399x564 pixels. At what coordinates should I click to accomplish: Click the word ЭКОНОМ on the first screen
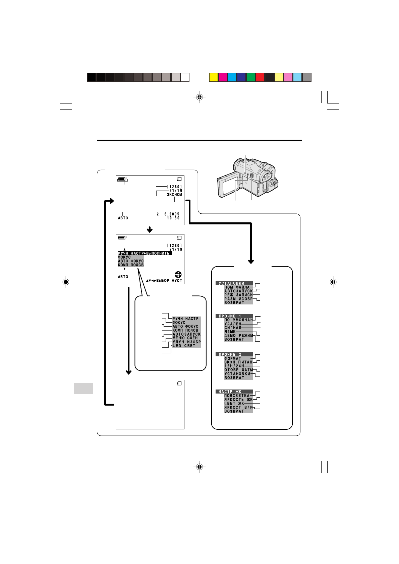(174, 195)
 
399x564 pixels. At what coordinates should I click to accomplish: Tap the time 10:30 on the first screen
(173, 218)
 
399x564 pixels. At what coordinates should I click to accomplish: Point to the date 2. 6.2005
(168, 214)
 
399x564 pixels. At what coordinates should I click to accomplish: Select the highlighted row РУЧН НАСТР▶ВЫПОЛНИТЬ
(145, 254)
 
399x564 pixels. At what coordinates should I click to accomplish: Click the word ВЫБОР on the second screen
(163, 281)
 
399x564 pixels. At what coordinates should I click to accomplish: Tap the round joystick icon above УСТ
(178, 275)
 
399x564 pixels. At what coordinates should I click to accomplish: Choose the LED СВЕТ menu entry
(184, 346)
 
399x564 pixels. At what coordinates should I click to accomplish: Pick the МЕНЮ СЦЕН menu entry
(185, 338)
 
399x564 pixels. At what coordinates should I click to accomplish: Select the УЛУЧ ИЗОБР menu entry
(186, 342)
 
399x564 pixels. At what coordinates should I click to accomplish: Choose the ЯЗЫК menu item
(230, 332)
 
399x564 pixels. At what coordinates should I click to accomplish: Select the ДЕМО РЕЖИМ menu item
(239, 336)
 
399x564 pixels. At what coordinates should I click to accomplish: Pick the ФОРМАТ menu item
(233, 358)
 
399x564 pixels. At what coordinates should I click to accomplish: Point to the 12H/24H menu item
(234, 366)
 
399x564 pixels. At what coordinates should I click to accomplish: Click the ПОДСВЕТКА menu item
(237, 396)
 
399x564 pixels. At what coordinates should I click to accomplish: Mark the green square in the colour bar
(251, 77)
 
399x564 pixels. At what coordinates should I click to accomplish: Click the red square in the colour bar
(260, 77)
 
